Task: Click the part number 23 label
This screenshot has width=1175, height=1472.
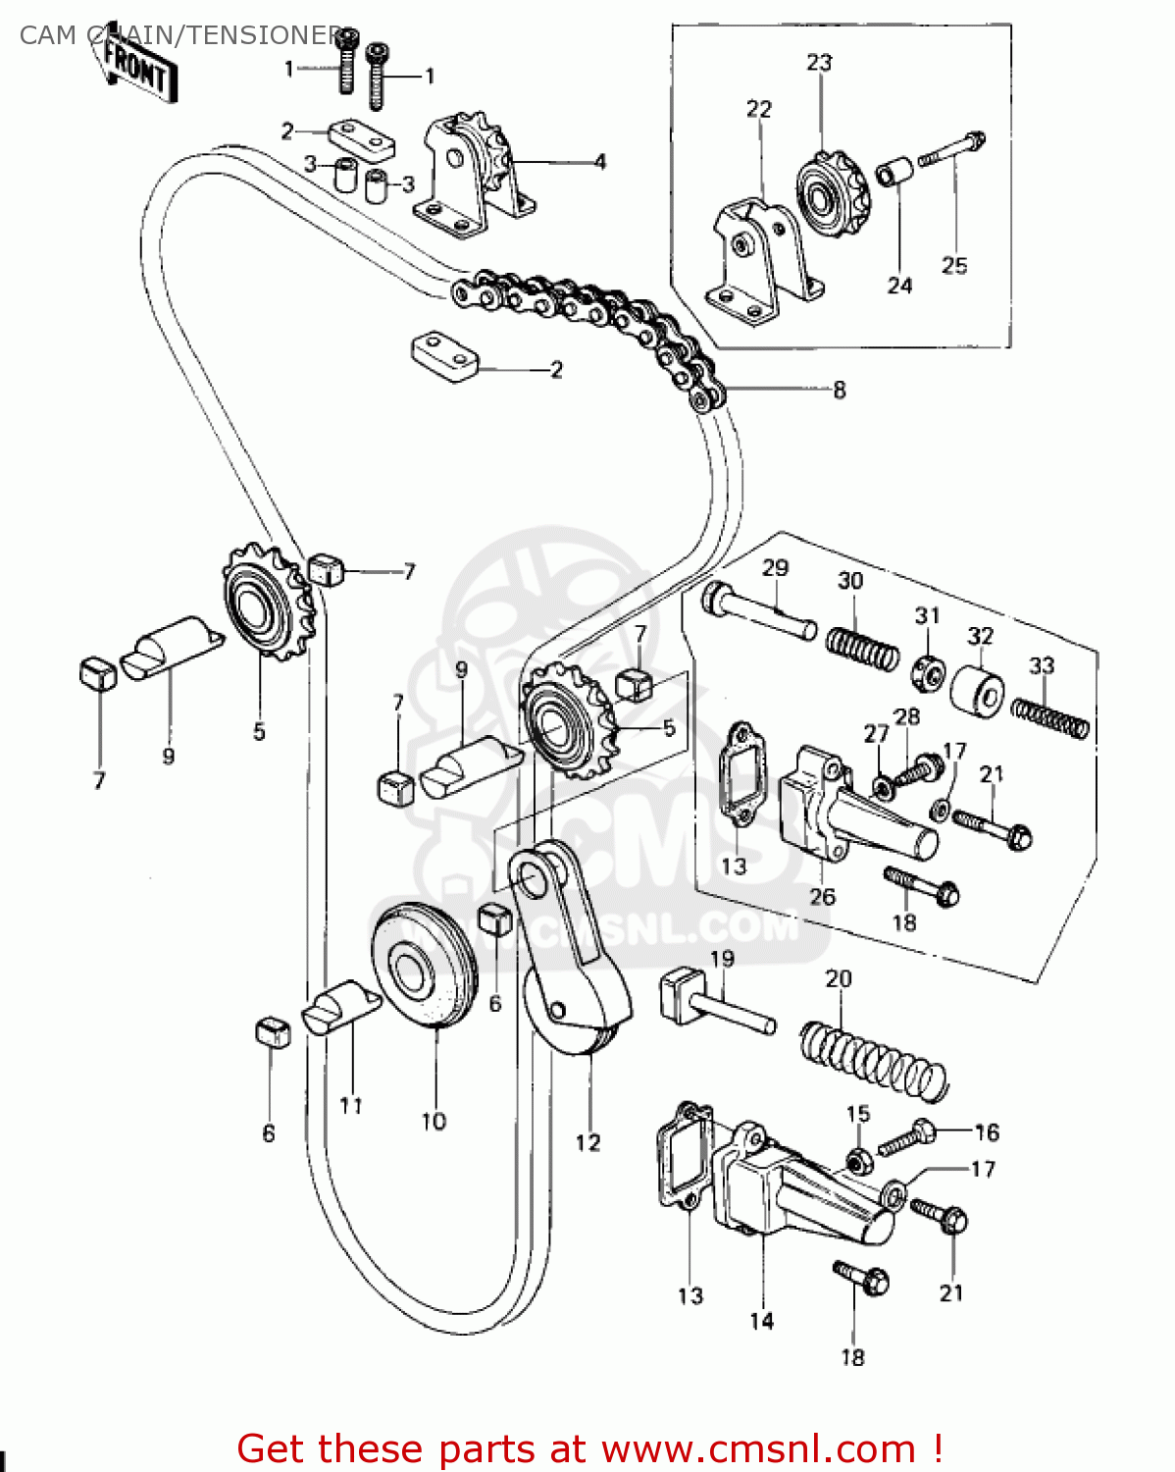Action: click(819, 62)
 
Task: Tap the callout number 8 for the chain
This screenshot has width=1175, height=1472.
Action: click(840, 390)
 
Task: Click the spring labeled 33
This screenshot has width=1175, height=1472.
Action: click(1050, 715)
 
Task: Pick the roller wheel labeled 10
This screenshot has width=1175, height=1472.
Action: click(425, 966)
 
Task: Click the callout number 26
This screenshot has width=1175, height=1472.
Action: click(822, 896)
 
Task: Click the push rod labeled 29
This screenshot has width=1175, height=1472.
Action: click(760, 610)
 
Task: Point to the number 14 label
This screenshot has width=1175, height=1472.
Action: click(761, 1321)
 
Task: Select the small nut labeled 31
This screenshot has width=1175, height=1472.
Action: click(926, 670)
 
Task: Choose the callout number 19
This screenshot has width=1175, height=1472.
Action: click(722, 959)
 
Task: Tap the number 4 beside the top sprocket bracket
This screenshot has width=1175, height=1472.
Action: click(600, 162)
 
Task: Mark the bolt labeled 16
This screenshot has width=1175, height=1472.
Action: click(907, 1138)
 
